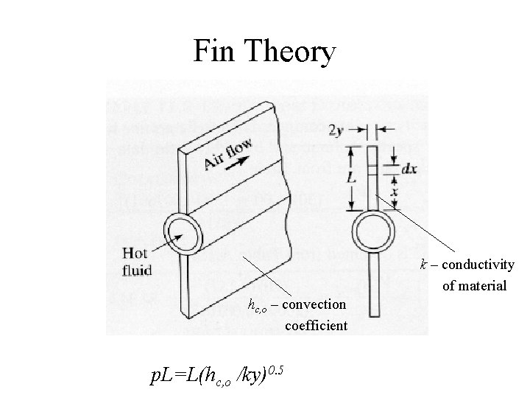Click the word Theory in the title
point(290,52)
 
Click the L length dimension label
point(354,178)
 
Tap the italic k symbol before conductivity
point(423,265)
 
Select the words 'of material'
point(474,284)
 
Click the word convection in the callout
point(313,304)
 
